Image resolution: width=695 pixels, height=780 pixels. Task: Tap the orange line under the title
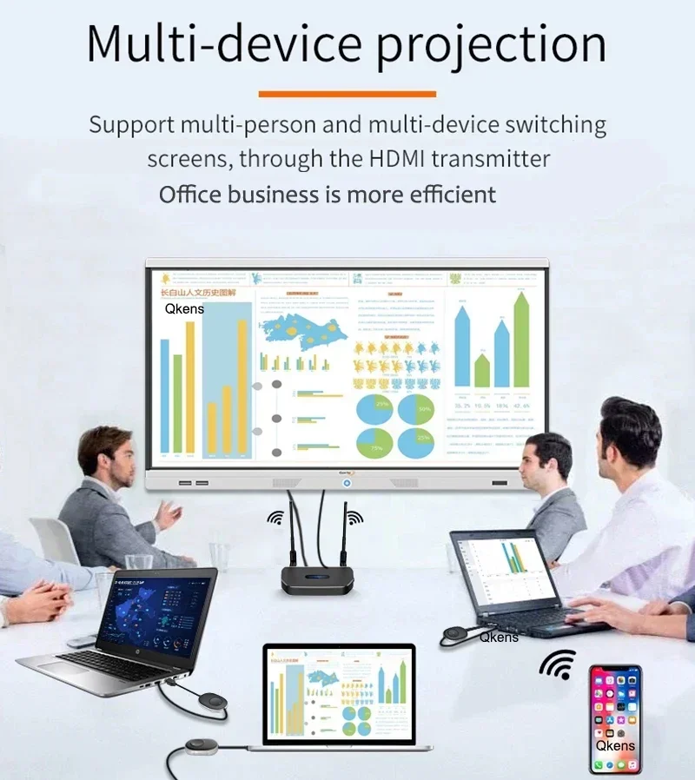(347, 94)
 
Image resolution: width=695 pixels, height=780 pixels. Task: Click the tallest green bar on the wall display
(520, 340)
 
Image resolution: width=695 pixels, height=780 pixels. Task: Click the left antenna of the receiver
(293, 529)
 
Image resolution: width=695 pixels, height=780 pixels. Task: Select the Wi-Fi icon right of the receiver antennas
(353, 519)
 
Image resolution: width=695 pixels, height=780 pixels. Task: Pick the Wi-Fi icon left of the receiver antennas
(275, 519)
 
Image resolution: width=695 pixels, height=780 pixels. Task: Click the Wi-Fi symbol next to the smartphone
(557, 664)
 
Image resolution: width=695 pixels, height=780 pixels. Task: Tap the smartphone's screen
(615, 718)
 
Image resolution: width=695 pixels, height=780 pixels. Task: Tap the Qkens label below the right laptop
(499, 637)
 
